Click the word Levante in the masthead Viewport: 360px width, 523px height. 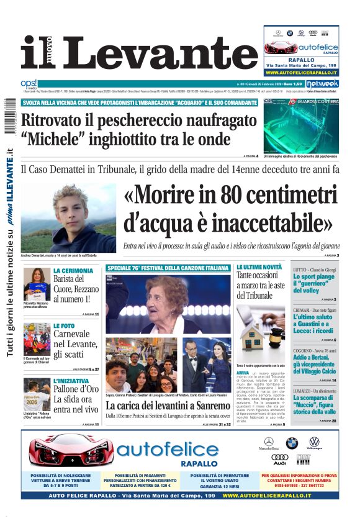[x=153, y=52]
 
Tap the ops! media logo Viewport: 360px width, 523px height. [x=29, y=83]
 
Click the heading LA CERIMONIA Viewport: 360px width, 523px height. [x=73, y=271]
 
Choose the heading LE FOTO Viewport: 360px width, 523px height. [x=64, y=325]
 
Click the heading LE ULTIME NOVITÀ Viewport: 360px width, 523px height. [x=259, y=267]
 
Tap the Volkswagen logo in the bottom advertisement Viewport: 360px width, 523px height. [x=314, y=442]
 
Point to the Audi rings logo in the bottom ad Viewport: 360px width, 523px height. [x=280, y=458]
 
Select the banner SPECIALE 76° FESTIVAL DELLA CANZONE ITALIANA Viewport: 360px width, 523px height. [x=168, y=268]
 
